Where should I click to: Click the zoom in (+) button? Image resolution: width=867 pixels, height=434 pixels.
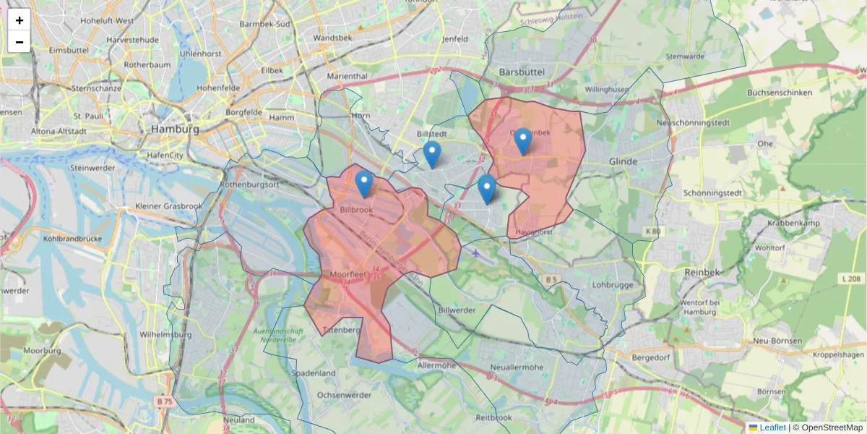tap(20, 20)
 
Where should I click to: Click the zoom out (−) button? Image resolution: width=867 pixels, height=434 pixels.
tap(20, 42)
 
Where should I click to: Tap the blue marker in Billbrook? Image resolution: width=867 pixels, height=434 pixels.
tap(365, 184)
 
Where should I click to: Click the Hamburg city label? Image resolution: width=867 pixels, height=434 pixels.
tap(175, 129)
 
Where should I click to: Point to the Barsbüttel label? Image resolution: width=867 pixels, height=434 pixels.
tap(522, 72)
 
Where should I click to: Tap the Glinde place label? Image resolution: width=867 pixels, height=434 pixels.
tap(623, 161)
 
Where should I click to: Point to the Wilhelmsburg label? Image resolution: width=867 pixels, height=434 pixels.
tap(165, 335)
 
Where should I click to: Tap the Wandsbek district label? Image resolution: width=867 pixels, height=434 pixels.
tap(332, 38)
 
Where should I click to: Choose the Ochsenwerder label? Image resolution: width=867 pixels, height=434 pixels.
tap(344, 395)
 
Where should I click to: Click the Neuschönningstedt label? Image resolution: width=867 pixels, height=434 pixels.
tap(693, 122)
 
